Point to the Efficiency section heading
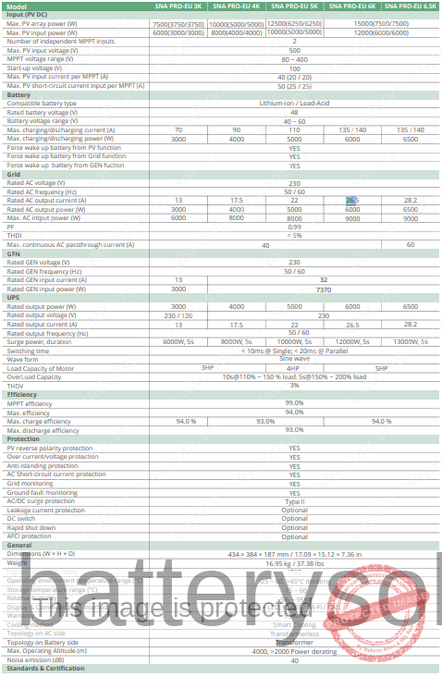[22, 395]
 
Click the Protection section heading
[23, 438]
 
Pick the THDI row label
[15, 235]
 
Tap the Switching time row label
[29, 351]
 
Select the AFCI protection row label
[30, 536]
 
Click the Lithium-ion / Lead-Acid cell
[294, 103]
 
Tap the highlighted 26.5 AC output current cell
[352, 200]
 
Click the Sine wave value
[294, 359]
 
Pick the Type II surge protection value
[294, 500]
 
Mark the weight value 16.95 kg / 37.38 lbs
[294, 562]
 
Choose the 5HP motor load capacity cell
[381, 368]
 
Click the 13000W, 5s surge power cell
[411, 342]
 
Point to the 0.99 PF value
[294, 227]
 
